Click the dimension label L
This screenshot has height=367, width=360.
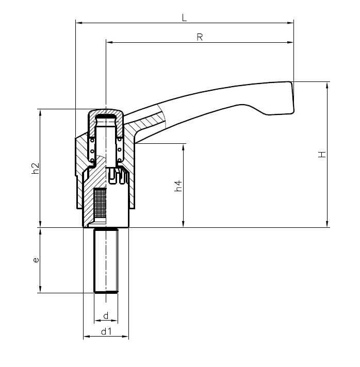tap(184, 17)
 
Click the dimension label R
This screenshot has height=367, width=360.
tap(200, 37)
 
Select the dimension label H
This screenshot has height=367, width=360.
tap(321, 155)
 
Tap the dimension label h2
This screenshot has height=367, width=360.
tap(35, 168)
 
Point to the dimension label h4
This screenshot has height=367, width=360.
tap(178, 186)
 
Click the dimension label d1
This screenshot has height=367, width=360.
tap(106, 331)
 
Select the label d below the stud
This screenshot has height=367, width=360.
tap(106, 315)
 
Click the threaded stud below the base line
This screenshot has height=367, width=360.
tap(106, 260)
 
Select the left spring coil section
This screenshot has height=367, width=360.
tap(92, 149)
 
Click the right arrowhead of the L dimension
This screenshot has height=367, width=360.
tap(291, 22)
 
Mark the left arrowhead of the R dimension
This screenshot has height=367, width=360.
tap(108, 42)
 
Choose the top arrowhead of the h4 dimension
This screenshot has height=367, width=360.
tap(183, 146)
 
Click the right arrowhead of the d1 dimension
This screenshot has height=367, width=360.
tap(126, 337)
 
